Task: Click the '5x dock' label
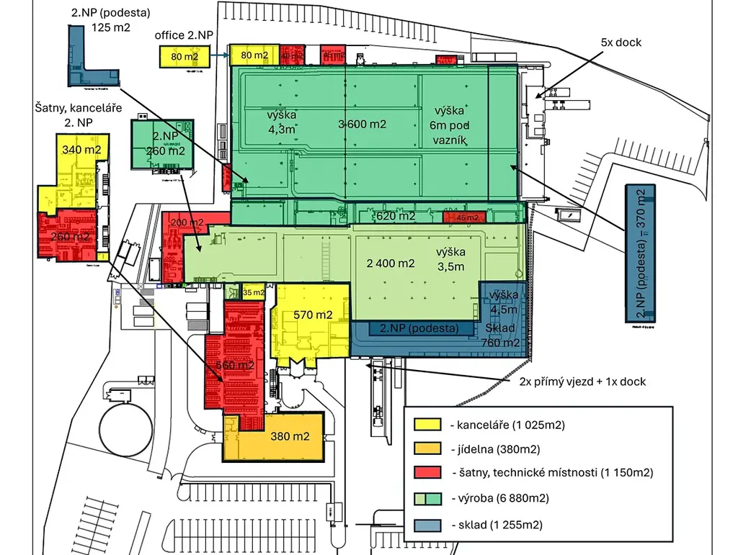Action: click(x=621, y=42)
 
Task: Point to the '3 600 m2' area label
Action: click(x=363, y=124)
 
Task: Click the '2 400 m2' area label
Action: click(x=391, y=263)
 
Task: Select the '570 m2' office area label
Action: click(x=313, y=315)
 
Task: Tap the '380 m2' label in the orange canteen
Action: click(x=290, y=436)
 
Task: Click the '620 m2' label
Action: click(x=396, y=216)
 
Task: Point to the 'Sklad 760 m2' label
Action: click(x=500, y=335)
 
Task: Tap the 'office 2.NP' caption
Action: click(x=184, y=35)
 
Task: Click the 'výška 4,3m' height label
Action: click(x=262, y=122)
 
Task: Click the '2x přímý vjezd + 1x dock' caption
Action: click(x=582, y=382)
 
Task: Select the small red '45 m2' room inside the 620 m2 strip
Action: click(x=461, y=217)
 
